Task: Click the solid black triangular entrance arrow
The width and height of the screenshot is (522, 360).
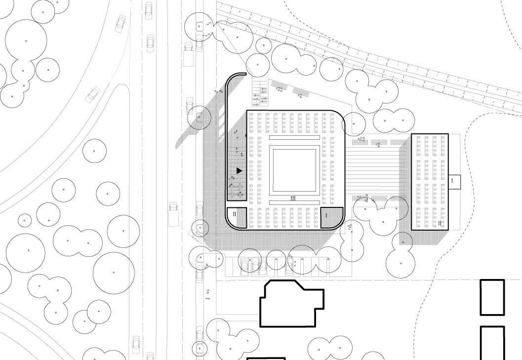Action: (239, 171)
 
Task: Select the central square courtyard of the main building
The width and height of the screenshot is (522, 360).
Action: (294, 170)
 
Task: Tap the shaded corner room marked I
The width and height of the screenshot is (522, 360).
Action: (331, 217)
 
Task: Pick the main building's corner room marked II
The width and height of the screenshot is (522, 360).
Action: (237, 218)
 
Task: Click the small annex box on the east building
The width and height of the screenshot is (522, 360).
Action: (454, 182)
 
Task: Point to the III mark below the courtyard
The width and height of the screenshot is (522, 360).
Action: (293, 199)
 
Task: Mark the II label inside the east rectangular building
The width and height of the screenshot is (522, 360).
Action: (440, 224)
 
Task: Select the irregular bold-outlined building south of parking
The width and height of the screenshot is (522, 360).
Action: (292, 303)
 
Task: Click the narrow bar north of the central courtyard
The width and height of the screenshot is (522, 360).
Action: (294, 138)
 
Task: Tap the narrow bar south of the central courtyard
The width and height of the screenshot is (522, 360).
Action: (294, 202)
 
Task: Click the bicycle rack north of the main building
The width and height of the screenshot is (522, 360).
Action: (260, 93)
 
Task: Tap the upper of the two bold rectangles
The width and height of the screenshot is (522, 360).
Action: (492, 297)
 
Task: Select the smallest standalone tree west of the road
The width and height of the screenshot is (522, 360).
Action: (24, 220)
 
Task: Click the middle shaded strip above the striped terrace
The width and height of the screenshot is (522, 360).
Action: (379, 142)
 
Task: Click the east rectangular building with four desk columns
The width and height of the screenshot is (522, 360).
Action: (430, 182)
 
